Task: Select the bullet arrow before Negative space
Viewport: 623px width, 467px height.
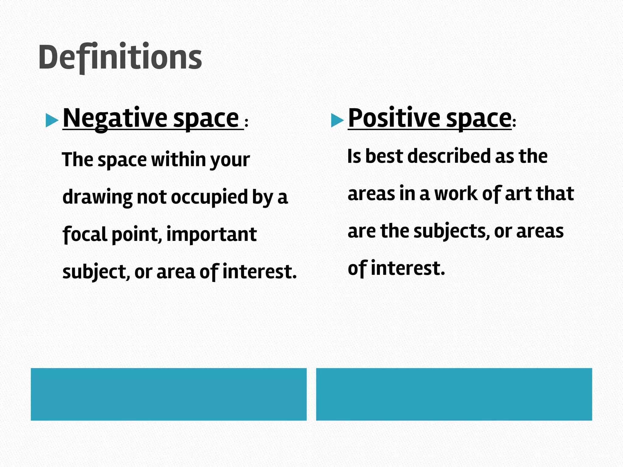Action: [51, 120]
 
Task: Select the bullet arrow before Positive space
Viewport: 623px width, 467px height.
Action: [337, 120]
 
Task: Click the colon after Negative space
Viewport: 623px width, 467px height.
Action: [246, 123]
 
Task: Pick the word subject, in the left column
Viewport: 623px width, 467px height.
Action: [95, 272]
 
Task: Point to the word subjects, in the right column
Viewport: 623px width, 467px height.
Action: [451, 231]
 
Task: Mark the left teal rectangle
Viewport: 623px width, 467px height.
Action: [169, 394]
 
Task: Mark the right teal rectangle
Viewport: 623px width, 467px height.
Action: [454, 394]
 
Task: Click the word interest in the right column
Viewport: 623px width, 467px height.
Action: [408, 268]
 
